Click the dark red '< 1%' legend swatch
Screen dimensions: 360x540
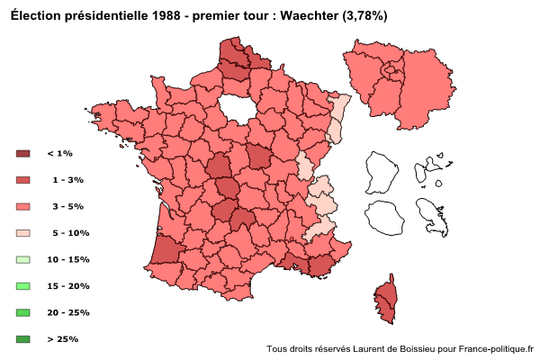pyautogui.click(x=23, y=154)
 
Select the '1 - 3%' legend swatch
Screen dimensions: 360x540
pyautogui.click(x=23, y=180)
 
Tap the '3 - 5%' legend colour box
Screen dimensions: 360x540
pyautogui.click(x=23, y=206)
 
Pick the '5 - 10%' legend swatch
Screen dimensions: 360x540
pyautogui.click(x=23, y=233)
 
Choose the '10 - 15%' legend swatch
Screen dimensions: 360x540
pyautogui.click(x=23, y=259)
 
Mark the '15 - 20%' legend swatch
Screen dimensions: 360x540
pyautogui.click(x=23, y=286)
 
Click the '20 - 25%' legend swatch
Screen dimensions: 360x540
pyautogui.click(x=23, y=312)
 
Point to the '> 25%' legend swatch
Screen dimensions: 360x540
pyautogui.click(x=23, y=339)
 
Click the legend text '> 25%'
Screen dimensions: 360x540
pyautogui.click(x=62, y=339)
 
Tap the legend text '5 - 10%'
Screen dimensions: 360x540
pyautogui.click(x=70, y=233)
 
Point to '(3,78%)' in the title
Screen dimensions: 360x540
pyautogui.click(x=364, y=16)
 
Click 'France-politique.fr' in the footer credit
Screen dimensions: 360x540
pyautogui.click(x=496, y=349)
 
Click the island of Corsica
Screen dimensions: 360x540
pyautogui.click(x=385, y=301)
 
